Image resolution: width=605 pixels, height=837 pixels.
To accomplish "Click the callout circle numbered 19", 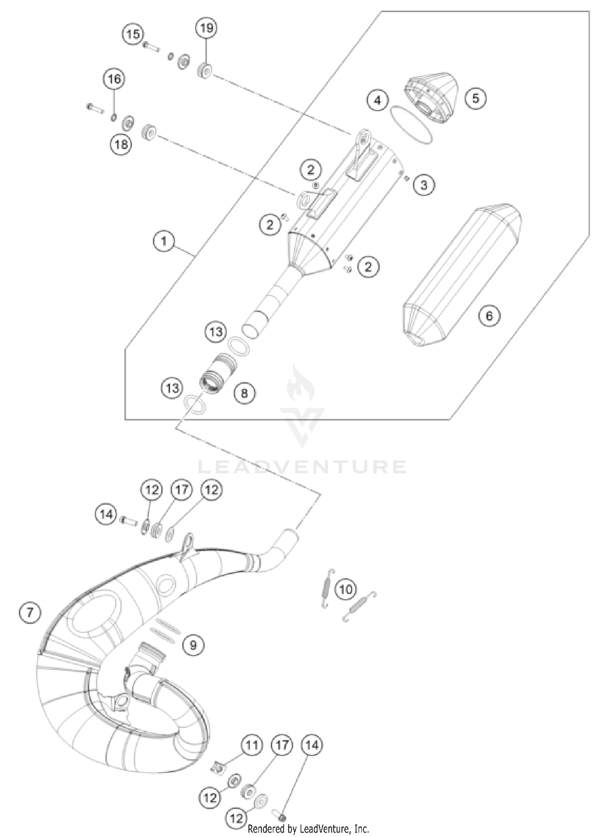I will [207, 28].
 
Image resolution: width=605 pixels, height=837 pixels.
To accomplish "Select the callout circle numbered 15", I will [133, 34].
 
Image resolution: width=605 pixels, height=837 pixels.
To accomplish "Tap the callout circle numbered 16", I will [114, 79].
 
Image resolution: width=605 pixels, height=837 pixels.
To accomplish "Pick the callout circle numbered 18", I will [121, 144].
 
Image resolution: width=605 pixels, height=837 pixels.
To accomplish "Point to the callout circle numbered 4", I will [378, 100].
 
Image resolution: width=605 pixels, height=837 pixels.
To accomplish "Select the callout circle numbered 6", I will [489, 315].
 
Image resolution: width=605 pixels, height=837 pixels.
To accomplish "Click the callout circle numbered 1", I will [163, 242].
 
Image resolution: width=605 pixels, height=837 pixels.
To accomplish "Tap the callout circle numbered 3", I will [423, 185].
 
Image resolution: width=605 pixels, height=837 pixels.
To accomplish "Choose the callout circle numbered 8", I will [244, 392].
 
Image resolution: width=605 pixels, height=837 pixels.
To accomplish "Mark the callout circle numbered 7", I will [30, 613].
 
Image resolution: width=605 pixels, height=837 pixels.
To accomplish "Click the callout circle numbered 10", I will [346, 590].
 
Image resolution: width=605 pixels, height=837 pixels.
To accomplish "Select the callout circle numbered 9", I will [193, 645].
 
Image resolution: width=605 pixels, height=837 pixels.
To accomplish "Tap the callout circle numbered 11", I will [252, 745].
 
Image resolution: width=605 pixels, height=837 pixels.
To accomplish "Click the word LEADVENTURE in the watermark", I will [302, 467].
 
